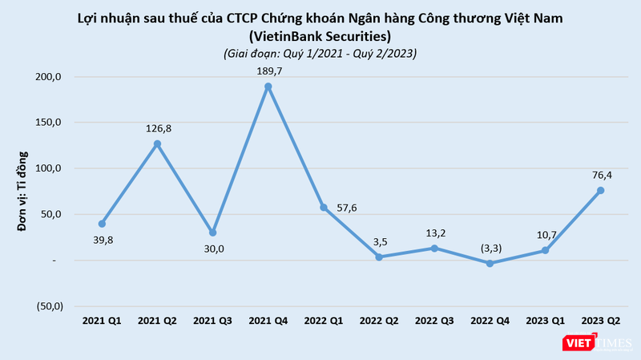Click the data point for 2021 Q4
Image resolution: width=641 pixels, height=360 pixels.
268,87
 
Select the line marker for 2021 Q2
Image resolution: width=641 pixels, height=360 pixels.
158,144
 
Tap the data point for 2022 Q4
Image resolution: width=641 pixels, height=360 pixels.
490,263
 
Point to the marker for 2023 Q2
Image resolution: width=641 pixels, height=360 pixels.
600,190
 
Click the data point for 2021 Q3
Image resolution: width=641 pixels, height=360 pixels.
213,233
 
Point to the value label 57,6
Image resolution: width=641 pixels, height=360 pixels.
350,208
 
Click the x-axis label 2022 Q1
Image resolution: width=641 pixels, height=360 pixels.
324,321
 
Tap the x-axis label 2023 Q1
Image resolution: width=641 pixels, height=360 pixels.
545,321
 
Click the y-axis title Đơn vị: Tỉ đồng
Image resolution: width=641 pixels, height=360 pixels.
25,191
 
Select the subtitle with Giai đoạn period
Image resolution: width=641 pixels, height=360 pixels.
320,53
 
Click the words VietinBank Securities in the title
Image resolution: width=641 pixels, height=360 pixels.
320,36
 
